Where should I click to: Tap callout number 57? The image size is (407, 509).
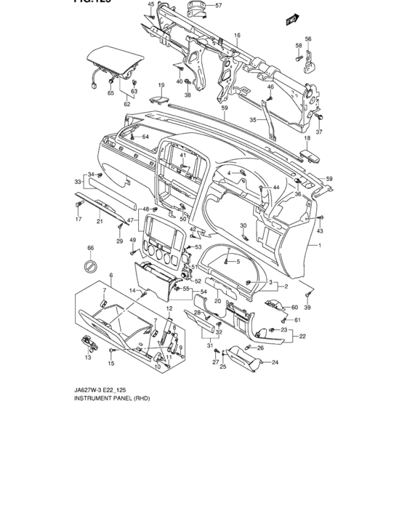pyautogui.click(x=217, y=5)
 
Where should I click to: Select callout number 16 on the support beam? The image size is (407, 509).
pyautogui.click(x=237, y=35)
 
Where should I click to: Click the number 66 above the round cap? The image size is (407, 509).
pyautogui.click(x=91, y=249)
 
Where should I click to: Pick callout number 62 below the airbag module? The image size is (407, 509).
pyautogui.click(x=126, y=104)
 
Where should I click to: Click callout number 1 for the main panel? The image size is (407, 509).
pyautogui.click(x=318, y=246)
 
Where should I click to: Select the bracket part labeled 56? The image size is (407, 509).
pyautogui.click(x=309, y=63)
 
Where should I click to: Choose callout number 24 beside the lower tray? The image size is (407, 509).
pyautogui.click(x=275, y=361)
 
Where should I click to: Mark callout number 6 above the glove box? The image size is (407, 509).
pyautogui.click(x=110, y=275)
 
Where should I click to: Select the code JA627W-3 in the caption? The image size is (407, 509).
pyautogui.click(x=70, y=390)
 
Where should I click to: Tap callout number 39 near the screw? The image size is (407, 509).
pyautogui.click(x=307, y=308)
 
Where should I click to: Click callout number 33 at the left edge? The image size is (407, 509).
pyautogui.click(x=77, y=182)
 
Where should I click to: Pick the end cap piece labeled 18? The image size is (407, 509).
pyautogui.click(x=310, y=154)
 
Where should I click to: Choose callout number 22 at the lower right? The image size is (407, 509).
pyautogui.click(x=303, y=336)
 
